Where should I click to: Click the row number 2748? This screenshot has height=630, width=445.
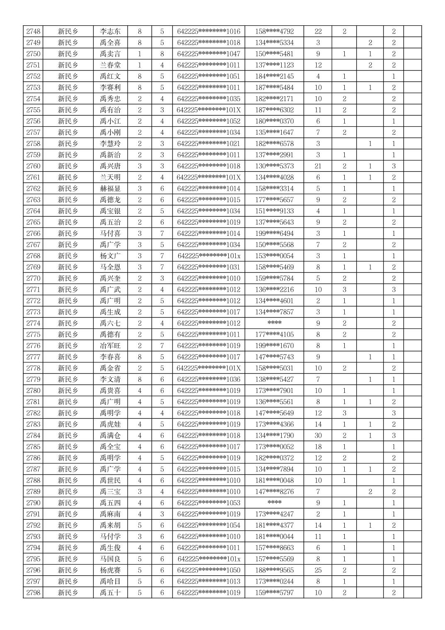tap(33, 31)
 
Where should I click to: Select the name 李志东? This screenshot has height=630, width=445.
tap(110, 31)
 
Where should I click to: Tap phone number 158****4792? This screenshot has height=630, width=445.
tap(274, 31)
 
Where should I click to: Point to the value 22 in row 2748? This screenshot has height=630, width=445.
tap(318, 31)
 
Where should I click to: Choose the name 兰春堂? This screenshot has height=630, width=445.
tap(110, 65)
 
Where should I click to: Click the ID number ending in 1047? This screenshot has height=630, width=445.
tap(208, 54)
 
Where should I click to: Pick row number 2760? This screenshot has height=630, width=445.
tap(33, 166)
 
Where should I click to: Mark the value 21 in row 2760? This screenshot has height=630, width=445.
tap(318, 166)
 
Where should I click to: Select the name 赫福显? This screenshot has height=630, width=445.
tap(110, 189)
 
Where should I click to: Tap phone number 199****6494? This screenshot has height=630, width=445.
tap(274, 233)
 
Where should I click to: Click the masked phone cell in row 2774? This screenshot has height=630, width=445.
tap(274, 323)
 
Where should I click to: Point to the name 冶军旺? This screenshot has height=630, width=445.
tap(110, 346)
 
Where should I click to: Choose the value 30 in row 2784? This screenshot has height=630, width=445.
tap(318, 436)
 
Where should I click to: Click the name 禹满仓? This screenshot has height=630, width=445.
tap(110, 436)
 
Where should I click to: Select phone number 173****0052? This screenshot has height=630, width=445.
tap(274, 447)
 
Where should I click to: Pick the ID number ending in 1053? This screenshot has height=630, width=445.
tap(208, 503)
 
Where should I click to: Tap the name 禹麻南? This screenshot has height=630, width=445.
tap(110, 514)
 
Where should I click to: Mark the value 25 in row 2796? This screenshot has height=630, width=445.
tap(318, 570)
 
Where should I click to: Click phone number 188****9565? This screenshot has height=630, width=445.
tap(274, 570)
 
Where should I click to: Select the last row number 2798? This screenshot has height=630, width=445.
tap(33, 593)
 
